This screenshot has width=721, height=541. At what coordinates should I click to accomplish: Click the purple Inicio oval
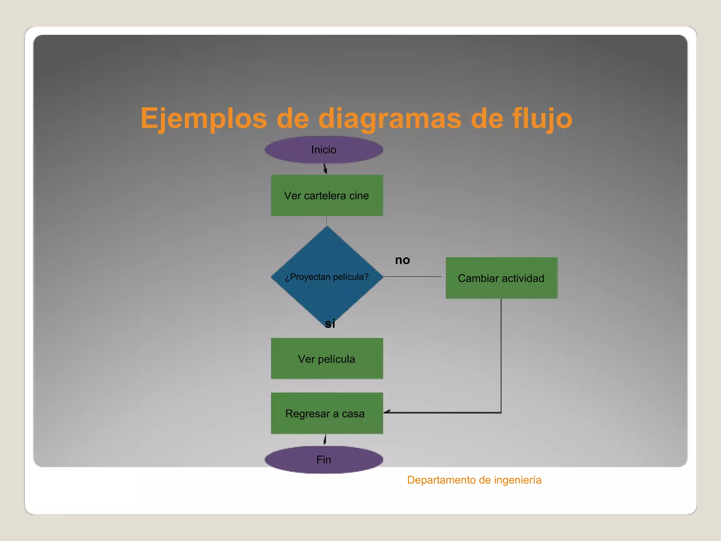click(324, 150)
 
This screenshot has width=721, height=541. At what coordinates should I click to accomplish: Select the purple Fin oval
click(324, 460)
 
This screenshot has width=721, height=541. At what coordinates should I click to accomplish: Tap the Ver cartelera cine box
click(327, 195)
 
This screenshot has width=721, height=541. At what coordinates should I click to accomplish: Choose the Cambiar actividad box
click(501, 278)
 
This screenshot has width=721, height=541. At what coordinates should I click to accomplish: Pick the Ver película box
click(327, 359)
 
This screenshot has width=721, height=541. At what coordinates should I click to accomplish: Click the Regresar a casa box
click(327, 413)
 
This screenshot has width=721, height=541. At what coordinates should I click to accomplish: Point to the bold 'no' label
click(402, 260)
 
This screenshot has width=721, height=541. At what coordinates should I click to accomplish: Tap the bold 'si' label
click(330, 323)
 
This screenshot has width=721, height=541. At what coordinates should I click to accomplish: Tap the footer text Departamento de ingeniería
click(474, 480)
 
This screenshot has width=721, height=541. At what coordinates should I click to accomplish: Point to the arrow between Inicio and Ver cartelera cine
click(325, 169)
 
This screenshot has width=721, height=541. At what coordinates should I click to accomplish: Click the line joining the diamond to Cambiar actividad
click(412, 276)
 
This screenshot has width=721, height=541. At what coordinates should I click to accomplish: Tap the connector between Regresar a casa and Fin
click(325, 440)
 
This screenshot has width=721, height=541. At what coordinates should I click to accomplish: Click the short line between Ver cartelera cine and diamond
click(327, 221)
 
